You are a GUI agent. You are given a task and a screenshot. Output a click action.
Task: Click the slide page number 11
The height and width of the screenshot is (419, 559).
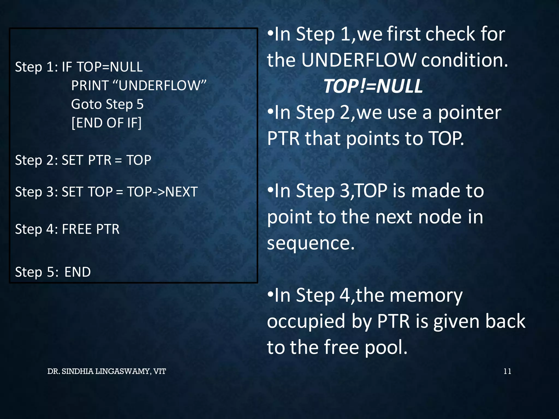(507, 371)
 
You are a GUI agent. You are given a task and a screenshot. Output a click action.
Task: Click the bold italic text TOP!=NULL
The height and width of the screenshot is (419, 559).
(373, 86)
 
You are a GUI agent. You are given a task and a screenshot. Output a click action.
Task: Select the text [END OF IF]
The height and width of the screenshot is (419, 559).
(106, 123)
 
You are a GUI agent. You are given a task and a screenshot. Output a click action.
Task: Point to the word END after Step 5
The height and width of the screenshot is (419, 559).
(78, 272)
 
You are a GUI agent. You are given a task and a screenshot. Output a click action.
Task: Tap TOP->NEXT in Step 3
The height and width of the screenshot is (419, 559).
(162, 192)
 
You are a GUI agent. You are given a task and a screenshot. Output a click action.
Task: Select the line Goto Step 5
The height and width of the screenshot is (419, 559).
(107, 104)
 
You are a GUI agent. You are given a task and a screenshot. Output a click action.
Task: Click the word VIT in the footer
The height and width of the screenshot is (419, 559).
(159, 371)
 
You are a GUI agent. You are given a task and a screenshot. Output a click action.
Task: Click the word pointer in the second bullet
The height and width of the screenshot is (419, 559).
(469, 113)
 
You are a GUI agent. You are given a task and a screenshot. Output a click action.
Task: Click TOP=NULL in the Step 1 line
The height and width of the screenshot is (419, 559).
(110, 67)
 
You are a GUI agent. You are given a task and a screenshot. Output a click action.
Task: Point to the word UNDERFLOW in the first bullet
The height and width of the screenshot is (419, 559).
(359, 60)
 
